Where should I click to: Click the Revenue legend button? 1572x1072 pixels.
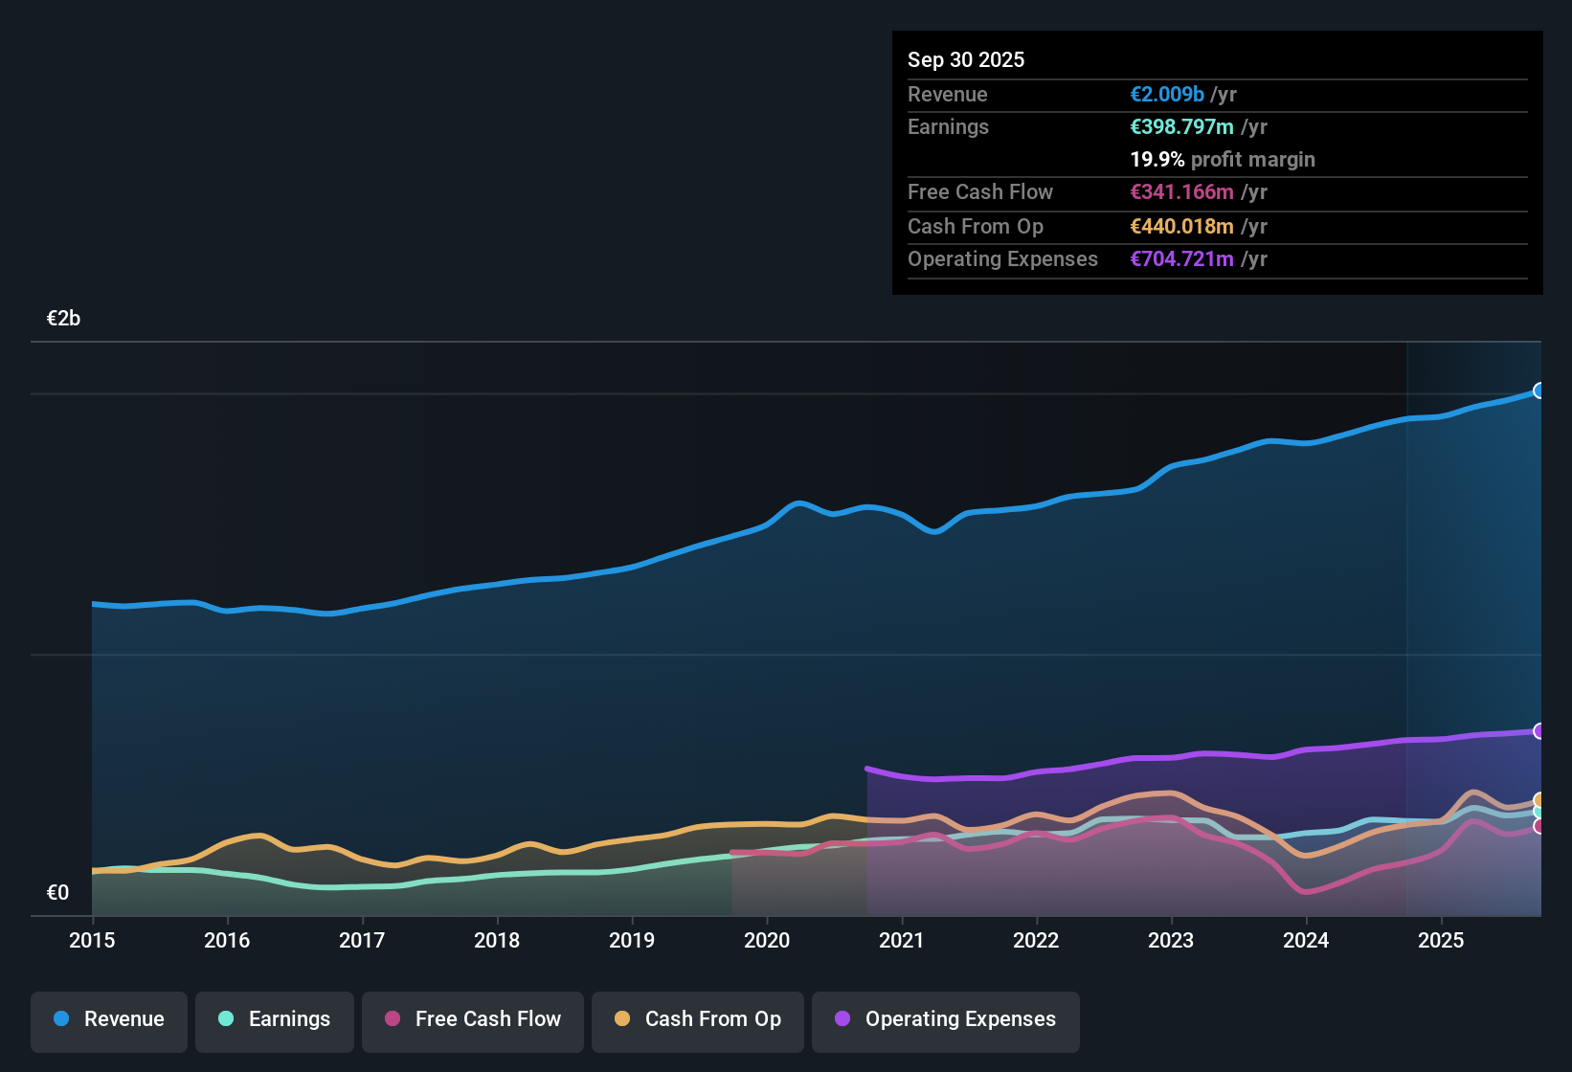(x=109, y=1019)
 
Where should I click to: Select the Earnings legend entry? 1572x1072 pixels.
(x=275, y=1019)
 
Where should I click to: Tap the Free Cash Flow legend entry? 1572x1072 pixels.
(x=473, y=1019)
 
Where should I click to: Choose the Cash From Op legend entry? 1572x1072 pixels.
(x=698, y=1019)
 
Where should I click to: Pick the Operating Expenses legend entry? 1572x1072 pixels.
(x=946, y=1019)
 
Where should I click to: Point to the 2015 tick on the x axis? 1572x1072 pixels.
(x=92, y=940)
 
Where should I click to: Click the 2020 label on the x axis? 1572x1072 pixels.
(x=767, y=940)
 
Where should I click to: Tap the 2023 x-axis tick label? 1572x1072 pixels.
(x=1171, y=940)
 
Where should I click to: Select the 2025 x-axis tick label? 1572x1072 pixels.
(x=1441, y=940)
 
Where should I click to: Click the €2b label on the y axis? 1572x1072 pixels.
(x=63, y=319)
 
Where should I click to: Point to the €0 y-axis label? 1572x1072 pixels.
(x=57, y=893)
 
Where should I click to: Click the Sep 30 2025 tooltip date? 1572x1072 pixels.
(x=966, y=60)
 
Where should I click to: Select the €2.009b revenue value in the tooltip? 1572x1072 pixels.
(x=1167, y=95)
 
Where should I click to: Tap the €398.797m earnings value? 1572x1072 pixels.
(x=1181, y=127)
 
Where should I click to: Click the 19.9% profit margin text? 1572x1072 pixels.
(x=1223, y=160)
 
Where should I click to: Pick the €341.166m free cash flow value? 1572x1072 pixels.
(x=1181, y=192)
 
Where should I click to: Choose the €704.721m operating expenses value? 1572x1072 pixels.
(x=1181, y=259)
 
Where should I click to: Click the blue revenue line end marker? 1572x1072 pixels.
(x=1539, y=391)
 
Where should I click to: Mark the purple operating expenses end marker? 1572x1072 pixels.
(x=1539, y=731)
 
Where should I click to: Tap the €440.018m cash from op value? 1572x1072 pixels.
(x=1181, y=227)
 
